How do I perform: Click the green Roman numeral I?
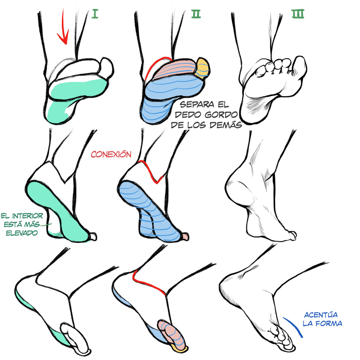[95, 14]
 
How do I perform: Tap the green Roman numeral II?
[196, 14]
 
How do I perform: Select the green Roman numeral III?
[298, 14]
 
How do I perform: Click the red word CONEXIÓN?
[111, 154]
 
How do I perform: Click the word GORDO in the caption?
[221, 114]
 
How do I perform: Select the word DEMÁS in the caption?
[226, 125]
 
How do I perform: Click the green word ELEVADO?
[22, 233]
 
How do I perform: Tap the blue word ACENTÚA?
[321, 315]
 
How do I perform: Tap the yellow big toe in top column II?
[203, 68]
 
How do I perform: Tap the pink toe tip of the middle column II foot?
[186, 237]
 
